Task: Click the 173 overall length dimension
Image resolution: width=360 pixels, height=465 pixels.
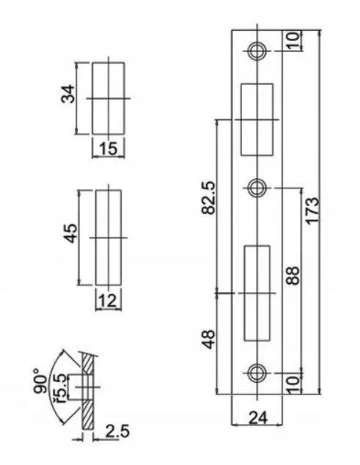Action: pyautogui.click(x=312, y=211)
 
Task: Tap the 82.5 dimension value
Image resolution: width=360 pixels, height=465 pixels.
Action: pyautogui.click(x=208, y=197)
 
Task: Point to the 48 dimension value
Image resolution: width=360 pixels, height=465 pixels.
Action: pyautogui.click(x=209, y=339)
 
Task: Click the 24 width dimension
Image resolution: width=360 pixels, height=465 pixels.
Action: pyautogui.click(x=258, y=417)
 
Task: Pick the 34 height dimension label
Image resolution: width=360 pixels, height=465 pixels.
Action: pyautogui.click(x=68, y=94)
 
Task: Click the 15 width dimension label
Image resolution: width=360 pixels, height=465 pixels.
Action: pyautogui.click(x=108, y=148)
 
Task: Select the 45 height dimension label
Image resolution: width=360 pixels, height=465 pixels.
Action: pyautogui.click(x=71, y=233)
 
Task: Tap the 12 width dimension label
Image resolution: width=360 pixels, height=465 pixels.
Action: pyautogui.click(x=107, y=301)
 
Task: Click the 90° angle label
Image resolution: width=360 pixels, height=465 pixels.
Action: pyautogui.click(x=40, y=381)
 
